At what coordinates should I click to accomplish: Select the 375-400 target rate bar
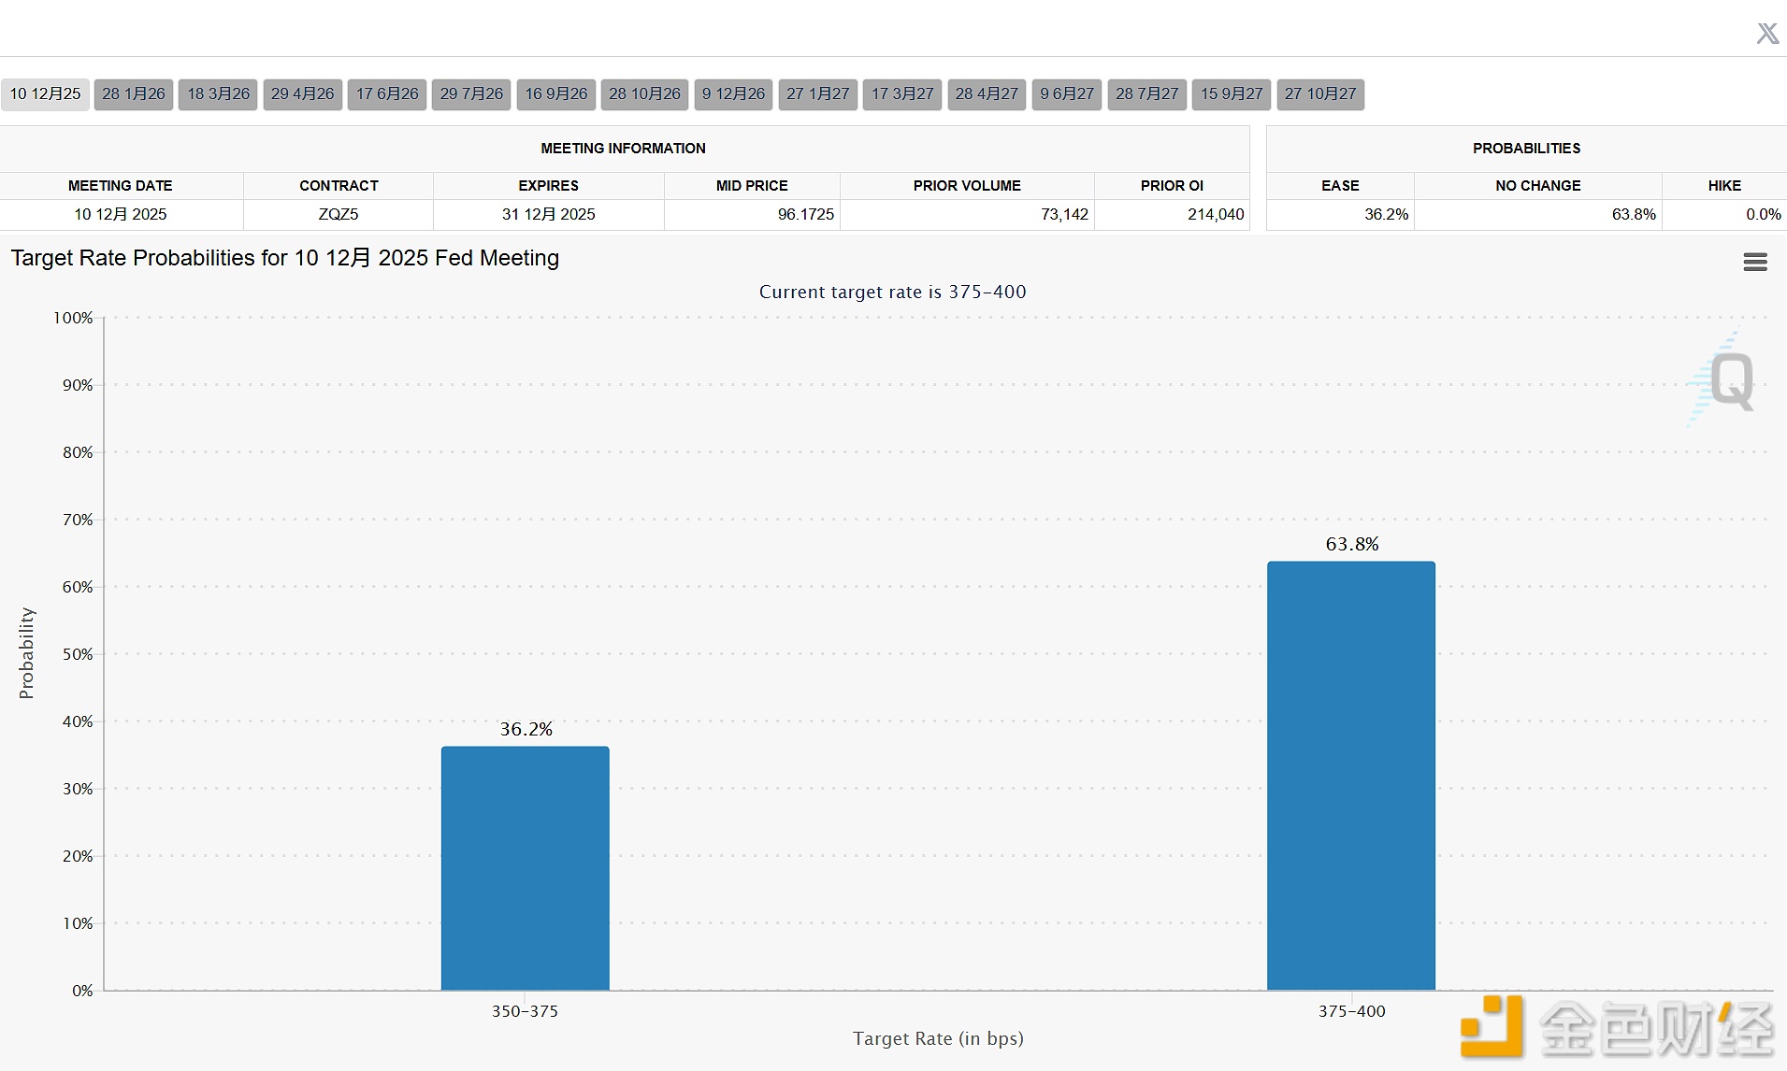1350,775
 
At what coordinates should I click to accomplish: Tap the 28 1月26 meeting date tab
134,94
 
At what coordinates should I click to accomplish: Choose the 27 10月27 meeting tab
1319,94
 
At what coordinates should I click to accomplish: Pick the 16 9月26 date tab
555,94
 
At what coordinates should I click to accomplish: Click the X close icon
1766,34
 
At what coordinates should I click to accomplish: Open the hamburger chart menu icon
1754,263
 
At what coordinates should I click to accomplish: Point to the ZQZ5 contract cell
339,214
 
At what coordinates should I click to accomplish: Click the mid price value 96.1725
805,214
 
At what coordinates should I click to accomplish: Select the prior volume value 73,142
1064,214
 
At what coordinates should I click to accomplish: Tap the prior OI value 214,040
1216,214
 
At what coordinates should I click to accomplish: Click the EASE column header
1340,186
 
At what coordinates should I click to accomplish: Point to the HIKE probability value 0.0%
1763,214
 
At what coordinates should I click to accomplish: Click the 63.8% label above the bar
1351,544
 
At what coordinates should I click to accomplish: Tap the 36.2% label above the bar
526,729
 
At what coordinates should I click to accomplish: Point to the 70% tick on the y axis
78,520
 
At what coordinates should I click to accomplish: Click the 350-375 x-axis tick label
525,1011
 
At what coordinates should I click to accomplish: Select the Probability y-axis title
26,653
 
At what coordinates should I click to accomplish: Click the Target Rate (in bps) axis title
937,1038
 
